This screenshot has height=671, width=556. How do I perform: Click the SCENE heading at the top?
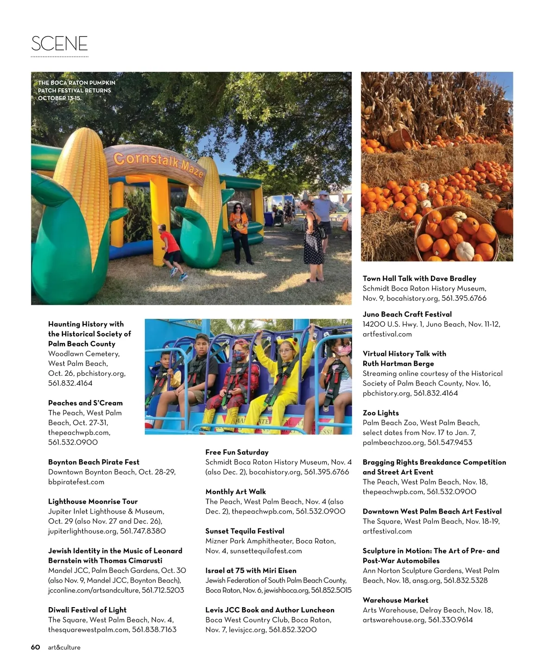point(59,43)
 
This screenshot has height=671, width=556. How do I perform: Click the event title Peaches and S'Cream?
point(85,403)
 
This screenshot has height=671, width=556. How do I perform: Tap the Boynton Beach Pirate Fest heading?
point(94,462)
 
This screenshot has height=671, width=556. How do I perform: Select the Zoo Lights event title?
point(380,413)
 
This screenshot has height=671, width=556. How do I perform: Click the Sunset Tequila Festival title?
point(245,531)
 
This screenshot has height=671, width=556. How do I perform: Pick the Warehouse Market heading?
point(395,600)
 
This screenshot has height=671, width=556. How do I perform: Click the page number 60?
point(36,647)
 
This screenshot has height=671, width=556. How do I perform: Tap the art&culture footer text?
point(64,647)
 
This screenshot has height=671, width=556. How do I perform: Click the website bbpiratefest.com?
point(76,482)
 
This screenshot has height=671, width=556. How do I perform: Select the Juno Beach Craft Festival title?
point(407,314)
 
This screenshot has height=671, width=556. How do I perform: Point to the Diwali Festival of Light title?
point(87,610)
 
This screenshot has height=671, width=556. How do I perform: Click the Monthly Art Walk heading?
point(235,491)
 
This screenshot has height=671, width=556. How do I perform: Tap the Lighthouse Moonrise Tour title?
point(93,502)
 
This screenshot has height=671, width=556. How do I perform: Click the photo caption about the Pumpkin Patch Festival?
point(76,90)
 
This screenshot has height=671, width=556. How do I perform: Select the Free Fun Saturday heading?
point(237,452)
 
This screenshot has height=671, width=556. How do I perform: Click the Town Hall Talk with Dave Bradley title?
point(419,279)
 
